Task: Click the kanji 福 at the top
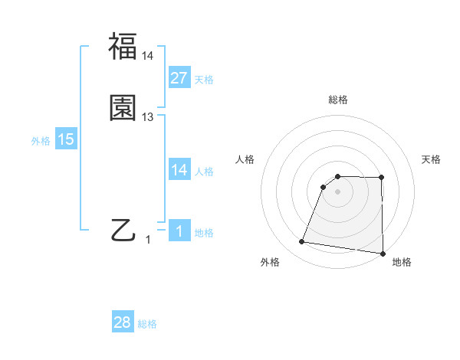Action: [x=123, y=47]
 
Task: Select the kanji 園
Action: [x=123, y=109]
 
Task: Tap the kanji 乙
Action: [x=123, y=230]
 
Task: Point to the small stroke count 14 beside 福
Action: [x=148, y=56]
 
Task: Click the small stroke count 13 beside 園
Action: [x=148, y=117]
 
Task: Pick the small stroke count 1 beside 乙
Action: [x=148, y=240]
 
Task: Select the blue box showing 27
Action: [x=179, y=77]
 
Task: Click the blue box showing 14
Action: [x=179, y=170]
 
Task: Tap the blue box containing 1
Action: [x=179, y=232]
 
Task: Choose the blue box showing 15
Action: [x=66, y=139]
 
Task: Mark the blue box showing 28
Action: [x=123, y=322]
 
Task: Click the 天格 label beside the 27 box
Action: [x=203, y=79]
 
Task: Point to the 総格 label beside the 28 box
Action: [x=147, y=324]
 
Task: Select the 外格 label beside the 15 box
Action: [x=41, y=141]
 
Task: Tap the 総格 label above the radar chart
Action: [x=338, y=100]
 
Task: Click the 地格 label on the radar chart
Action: [x=402, y=262]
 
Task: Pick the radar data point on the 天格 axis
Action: [x=382, y=178]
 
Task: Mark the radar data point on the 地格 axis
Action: [x=383, y=254]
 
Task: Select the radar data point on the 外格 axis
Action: [x=302, y=242]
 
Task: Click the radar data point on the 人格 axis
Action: [x=324, y=187]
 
